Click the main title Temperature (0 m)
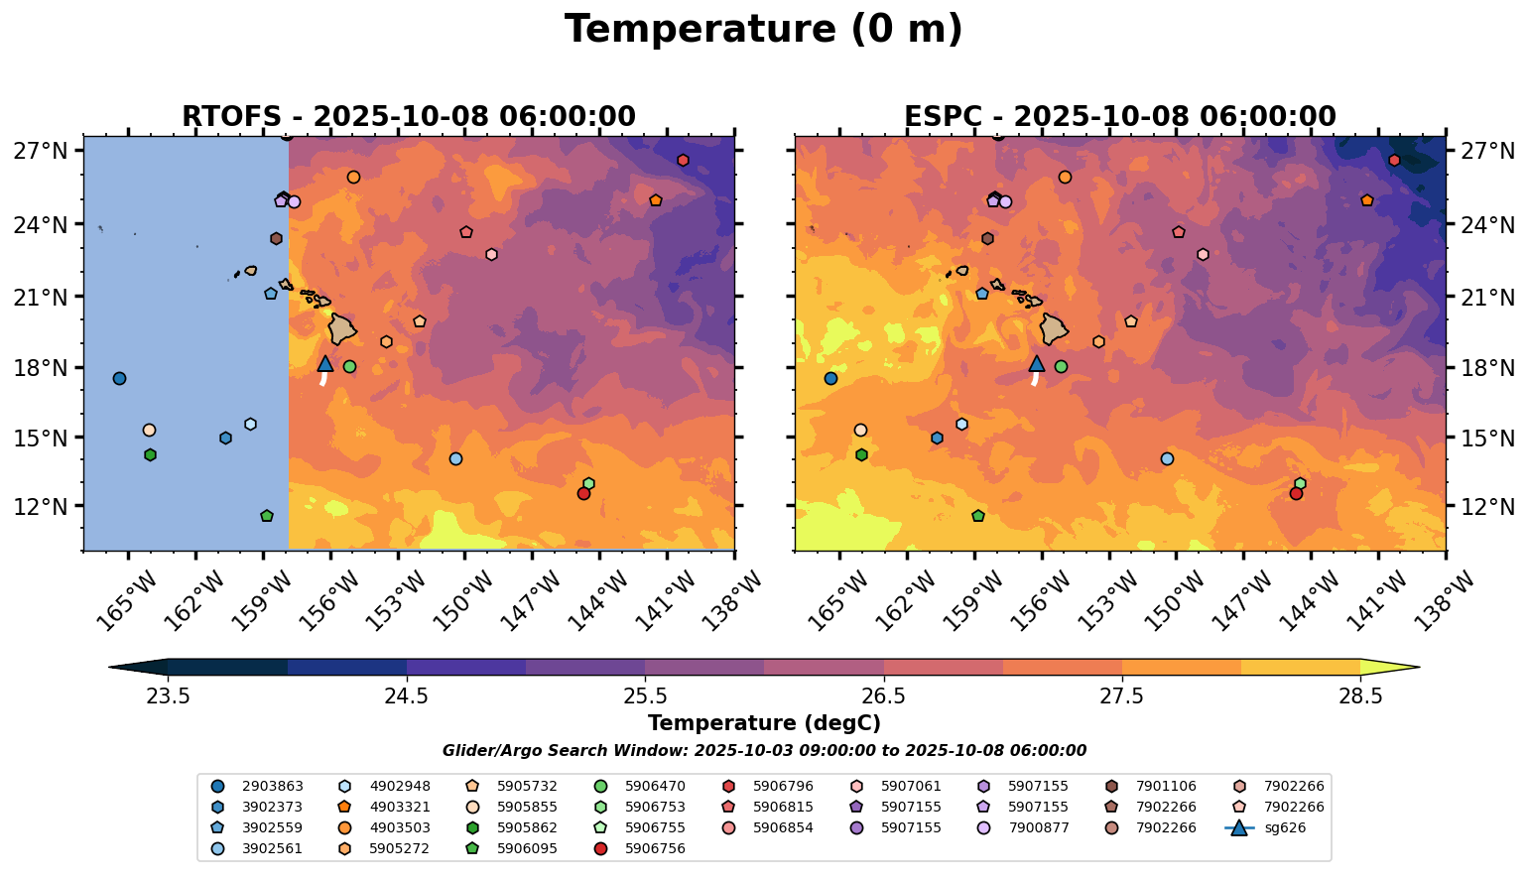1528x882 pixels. click(763, 30)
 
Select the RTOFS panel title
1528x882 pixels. click(408, 117)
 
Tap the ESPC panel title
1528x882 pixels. click(1119, 117)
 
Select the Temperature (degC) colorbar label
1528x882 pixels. click(763, 723)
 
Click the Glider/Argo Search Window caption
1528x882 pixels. click(763, 751)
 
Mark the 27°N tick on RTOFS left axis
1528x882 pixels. click(40, 152)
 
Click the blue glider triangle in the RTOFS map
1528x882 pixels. click(324, 364)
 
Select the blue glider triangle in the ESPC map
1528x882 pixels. click(1037, 364)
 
